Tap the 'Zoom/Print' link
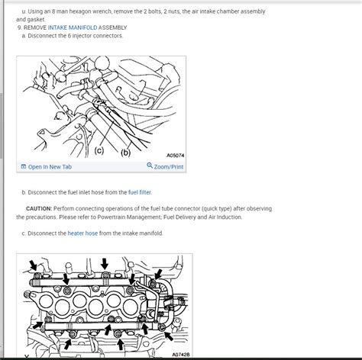coord(169,166)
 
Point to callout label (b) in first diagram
coord(125,152)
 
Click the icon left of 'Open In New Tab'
coord(24,166)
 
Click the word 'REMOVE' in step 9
coord(36,27)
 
